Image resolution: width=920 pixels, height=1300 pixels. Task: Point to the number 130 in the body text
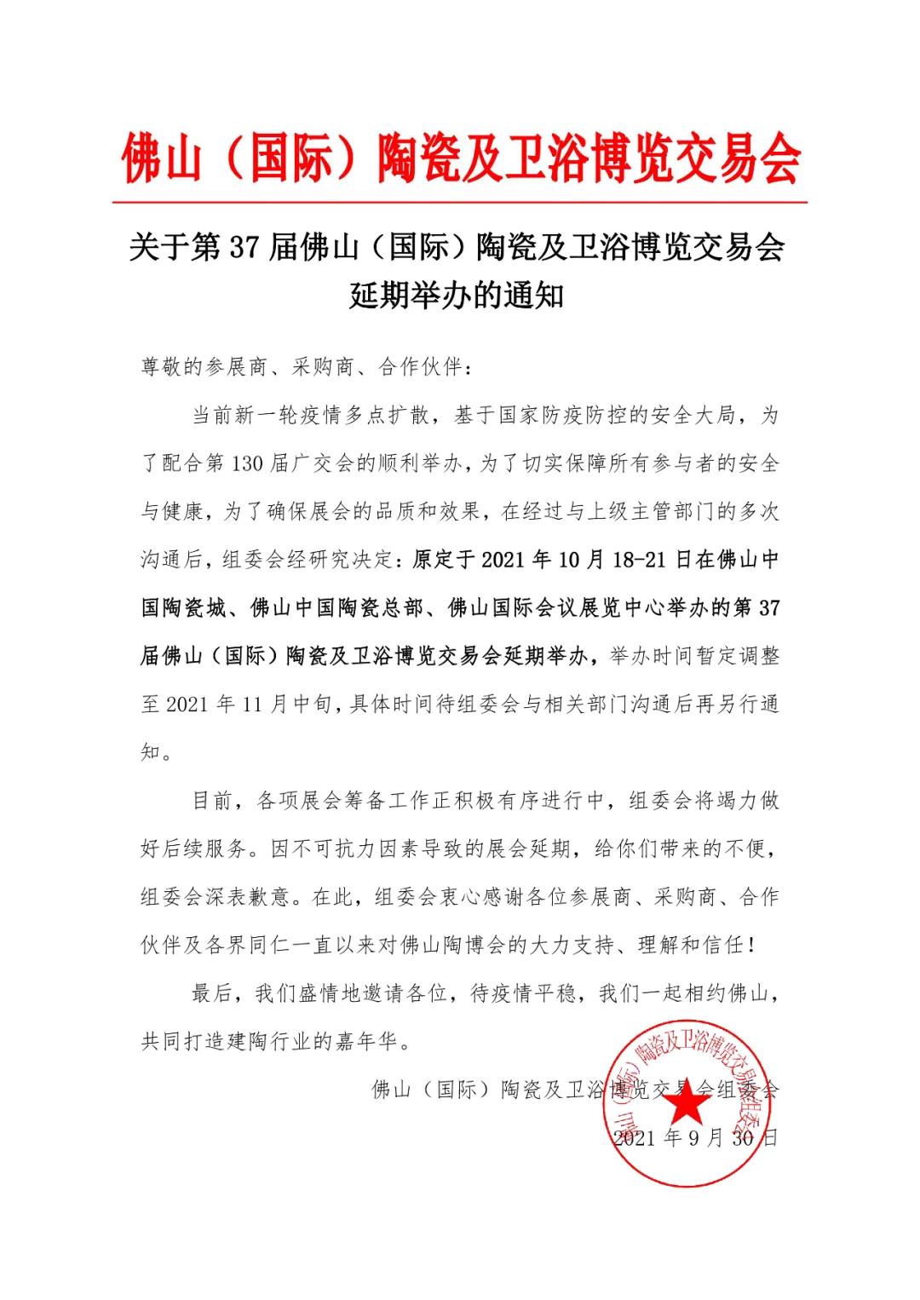click(x=249, y=463)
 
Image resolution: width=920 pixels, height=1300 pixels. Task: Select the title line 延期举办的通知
click(x=457, y=296)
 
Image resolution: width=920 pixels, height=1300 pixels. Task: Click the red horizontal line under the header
click(x=460, y=203)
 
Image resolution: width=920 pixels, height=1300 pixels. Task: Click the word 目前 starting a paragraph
click(x=213, y=801)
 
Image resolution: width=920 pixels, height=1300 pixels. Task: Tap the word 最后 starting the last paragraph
click(x=213, y=993)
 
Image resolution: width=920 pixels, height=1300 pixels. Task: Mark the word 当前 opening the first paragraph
click(x=213, y=416)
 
